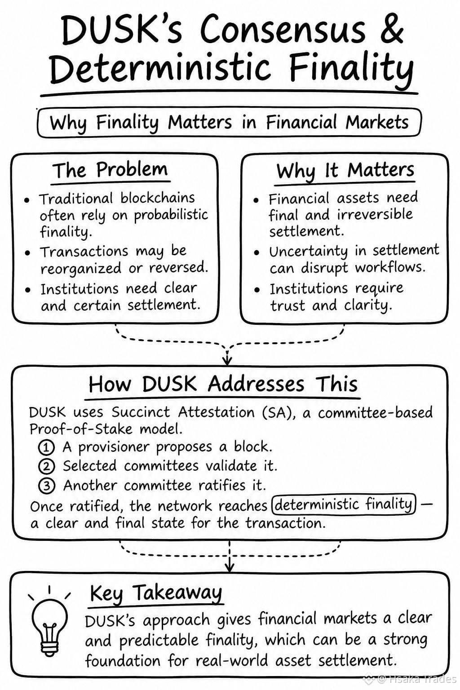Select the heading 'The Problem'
click(111, 170)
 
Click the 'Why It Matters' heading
click(345, 171)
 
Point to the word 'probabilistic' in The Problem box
click(171, 215)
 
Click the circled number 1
click(46, 447)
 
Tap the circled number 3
click(47, 486)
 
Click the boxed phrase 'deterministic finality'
click(344, 504)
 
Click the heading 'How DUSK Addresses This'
click(223, 385)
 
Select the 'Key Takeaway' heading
click(156, 593)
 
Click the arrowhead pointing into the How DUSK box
click(227, 359)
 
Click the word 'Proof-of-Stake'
click(81, 429)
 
